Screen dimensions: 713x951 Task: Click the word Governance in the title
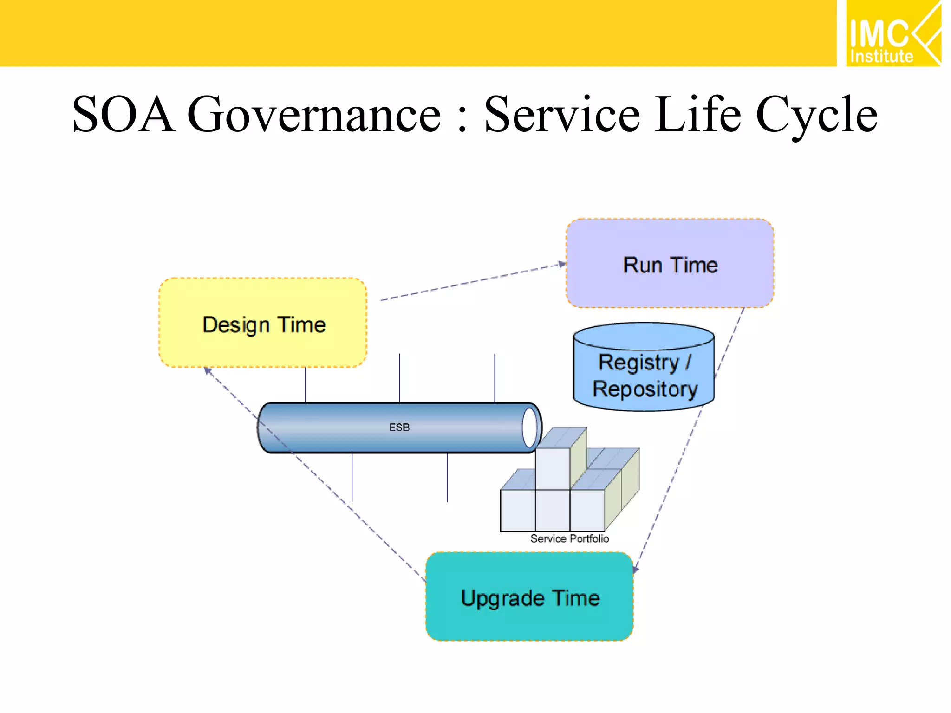coord(314,114)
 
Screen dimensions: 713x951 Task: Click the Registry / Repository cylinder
coord(644,371)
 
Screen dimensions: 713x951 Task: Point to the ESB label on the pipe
coord(399,427)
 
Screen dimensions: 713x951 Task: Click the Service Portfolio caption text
coord(569,538)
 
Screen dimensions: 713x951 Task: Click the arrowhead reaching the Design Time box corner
coord(208,370)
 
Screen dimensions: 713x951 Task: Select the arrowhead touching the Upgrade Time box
coord(636,569)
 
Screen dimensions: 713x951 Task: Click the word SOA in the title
coord(124,114)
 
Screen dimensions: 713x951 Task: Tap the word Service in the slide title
coord(562,114)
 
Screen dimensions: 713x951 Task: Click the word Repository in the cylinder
coord(645,389)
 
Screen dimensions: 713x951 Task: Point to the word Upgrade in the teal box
coord(502,598)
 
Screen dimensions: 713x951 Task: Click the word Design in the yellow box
coord(236,325)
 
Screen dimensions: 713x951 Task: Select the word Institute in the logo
coord(881,57)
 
